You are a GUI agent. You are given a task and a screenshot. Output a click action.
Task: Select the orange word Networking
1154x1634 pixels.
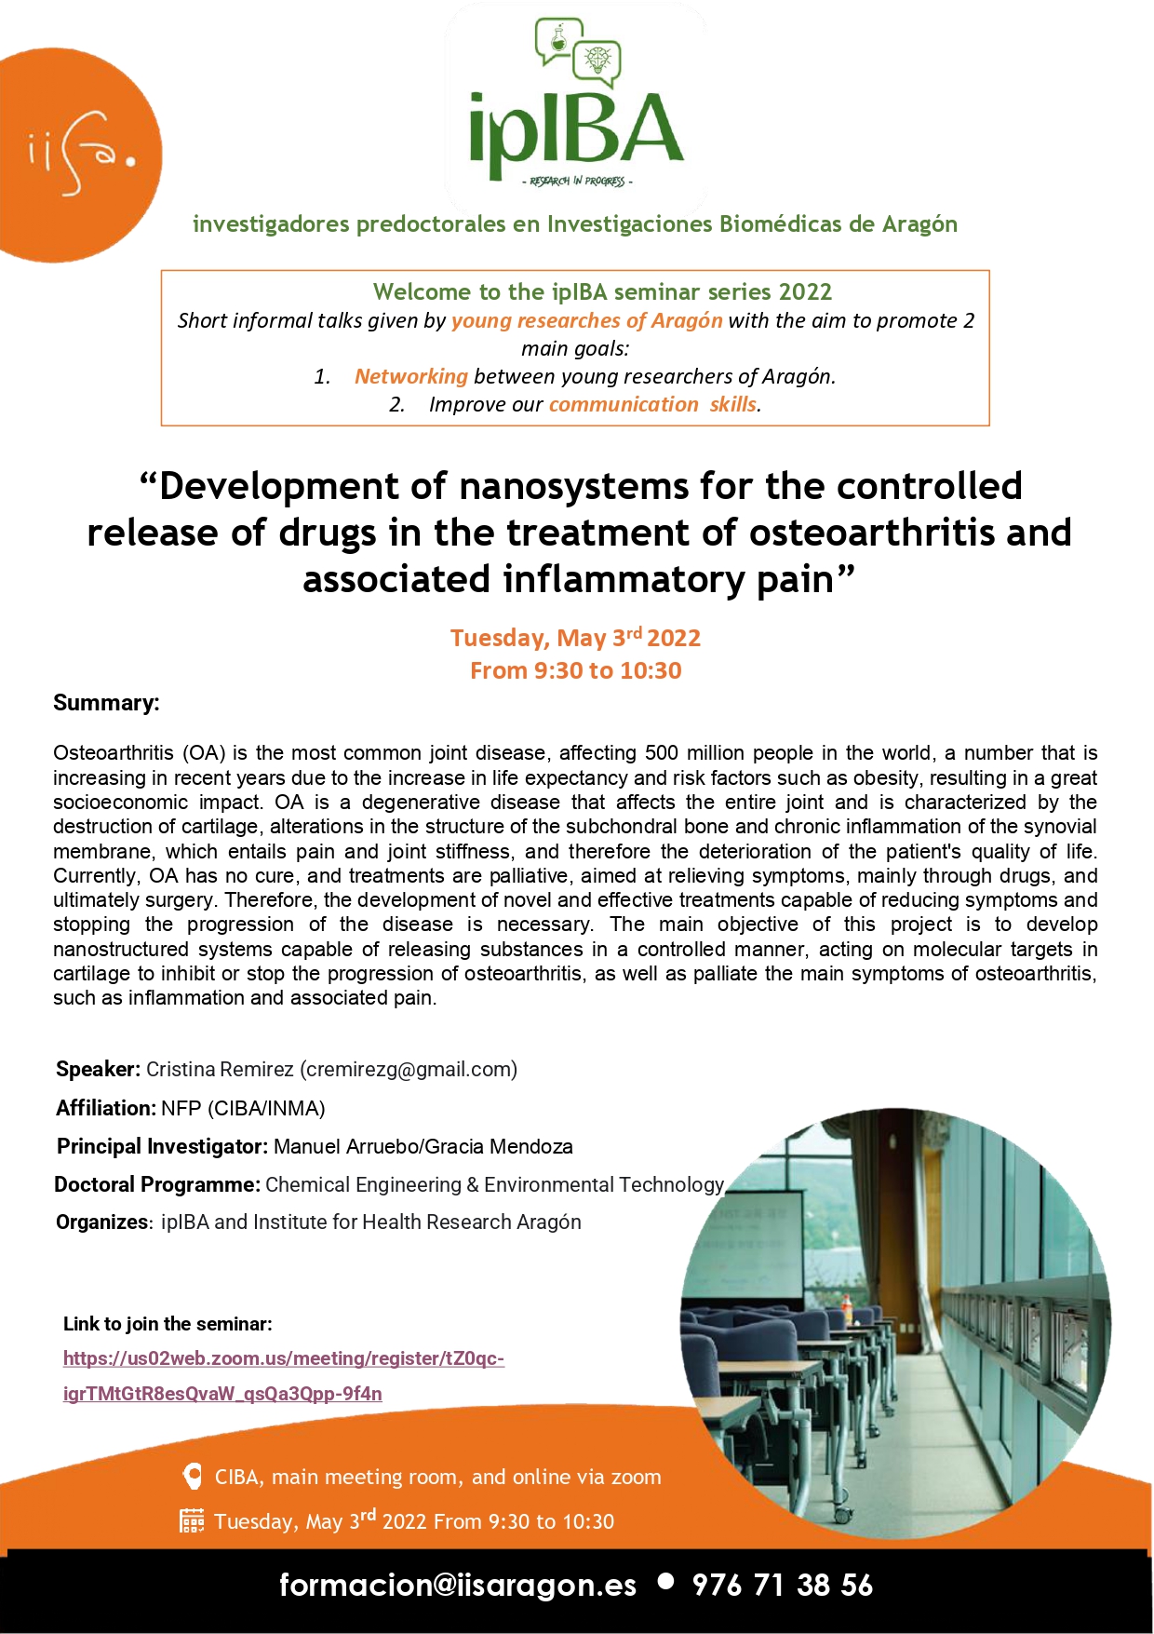click(x=410, y=376)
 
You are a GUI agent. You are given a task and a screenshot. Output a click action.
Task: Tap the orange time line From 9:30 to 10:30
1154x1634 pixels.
click(x=575, y=670)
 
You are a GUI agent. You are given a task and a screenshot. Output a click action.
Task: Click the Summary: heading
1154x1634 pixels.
click(x=106, y=702)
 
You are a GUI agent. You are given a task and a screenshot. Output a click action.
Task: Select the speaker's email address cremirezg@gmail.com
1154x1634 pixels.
click(x=408, y=1069)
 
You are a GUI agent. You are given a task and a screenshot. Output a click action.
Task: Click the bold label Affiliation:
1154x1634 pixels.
click(x=105, y=1108)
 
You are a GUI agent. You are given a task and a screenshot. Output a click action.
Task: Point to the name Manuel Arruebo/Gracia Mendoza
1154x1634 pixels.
click(x=423, y=1146)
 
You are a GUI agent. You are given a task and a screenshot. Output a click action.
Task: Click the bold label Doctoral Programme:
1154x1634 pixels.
click(x=156, y=1184)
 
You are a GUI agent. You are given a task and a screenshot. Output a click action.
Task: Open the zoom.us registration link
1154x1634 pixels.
click(x=283, y=1375)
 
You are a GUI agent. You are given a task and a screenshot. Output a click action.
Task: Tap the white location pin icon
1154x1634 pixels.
click(x=193, y=1476)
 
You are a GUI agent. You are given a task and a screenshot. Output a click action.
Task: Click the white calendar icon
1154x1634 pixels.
click(x=192, y=1520)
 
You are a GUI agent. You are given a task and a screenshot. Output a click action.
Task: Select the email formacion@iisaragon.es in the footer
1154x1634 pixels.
click(x=458, y=1585)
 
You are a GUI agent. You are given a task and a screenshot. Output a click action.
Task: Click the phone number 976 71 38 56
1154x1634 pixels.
click(x=782, y=1585)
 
